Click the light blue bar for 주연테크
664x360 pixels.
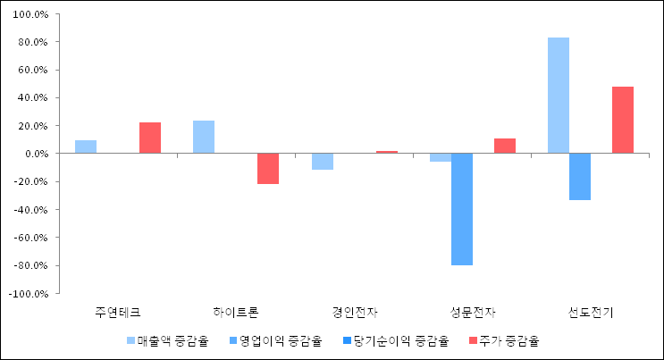tap(86, 147)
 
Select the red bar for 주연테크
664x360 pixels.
tap(150, 138)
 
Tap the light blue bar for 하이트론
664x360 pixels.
tap(204, 138)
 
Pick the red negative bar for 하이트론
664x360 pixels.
tap(268, 169)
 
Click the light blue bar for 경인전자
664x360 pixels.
tap(322, 162)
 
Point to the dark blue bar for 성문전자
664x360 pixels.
tap(462, 209)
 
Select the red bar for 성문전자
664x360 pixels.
tap(505, 147)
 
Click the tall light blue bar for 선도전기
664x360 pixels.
tap(559, 96)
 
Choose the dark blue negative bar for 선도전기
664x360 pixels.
tap(580, 177)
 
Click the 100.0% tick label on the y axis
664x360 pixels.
tap(29, 14)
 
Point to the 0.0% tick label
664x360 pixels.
tap(35, 154)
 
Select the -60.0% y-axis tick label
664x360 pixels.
tap(30, 238)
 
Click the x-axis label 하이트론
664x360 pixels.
tap(236, 313)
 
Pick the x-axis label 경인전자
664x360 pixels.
tap(355, 313)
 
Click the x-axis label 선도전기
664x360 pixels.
tap(591, 313)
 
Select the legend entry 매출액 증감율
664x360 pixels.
tap(172, 340)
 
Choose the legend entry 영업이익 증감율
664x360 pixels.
tap(281, 340)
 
